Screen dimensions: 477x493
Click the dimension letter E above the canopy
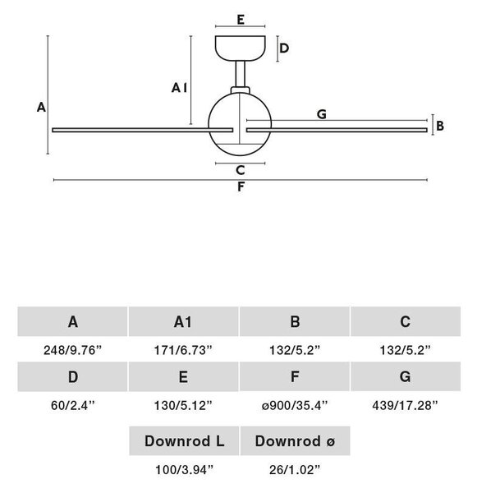pos(241,20)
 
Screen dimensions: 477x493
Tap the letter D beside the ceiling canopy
pos(284,48)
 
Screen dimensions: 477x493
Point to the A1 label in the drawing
pos(180,88)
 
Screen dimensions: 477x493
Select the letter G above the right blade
pos(322,114)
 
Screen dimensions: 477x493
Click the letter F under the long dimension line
pos(241,187)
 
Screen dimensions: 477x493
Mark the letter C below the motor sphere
pos(241,170)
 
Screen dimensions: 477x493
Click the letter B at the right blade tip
pos(440,126)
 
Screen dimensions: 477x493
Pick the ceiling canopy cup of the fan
pos(241,48)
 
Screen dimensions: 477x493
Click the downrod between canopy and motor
pos(241,74)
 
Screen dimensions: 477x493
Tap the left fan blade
pos(142,130)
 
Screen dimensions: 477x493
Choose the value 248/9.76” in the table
pos(73,350)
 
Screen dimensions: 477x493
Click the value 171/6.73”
pos(183,350)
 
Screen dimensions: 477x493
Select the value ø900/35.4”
pos(295,405)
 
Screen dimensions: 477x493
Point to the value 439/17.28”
pos(405,405)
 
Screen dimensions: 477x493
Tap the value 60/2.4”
pos(73,405)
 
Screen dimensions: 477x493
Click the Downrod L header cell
pos(184,440)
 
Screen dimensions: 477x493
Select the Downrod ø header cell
pos(295,440)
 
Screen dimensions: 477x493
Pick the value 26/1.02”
pos(295,470)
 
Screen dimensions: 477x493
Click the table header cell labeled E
pos(184,376)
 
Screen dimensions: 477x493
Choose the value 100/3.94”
pos(184,470)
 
